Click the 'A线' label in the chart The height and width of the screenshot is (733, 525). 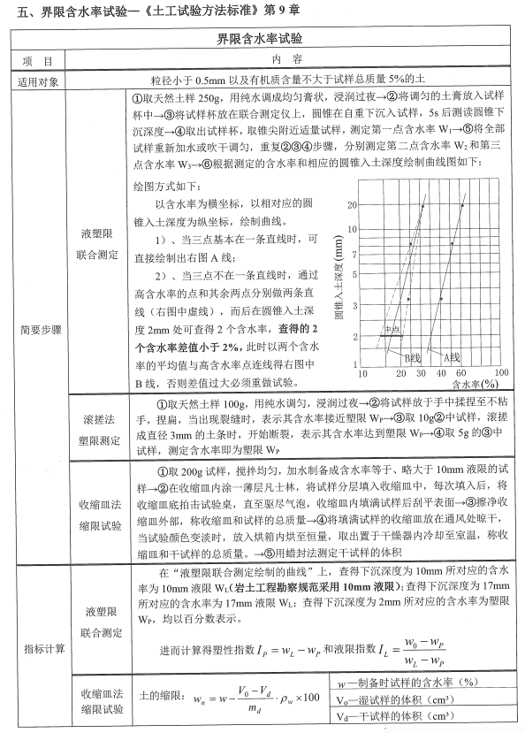pyautogui.click(x=452, y=355)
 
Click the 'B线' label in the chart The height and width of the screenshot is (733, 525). pyautogui.click(x=412, y=356)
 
